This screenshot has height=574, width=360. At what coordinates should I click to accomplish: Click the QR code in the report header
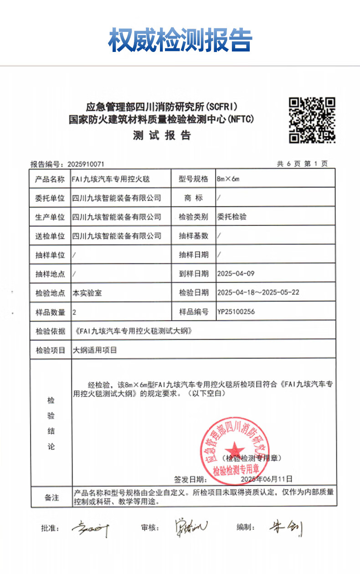[x=313, y=119]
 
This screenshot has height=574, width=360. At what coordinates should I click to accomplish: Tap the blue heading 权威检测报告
[x=180, y=40]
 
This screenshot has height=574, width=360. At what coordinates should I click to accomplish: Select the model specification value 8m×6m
[x=228, y=179]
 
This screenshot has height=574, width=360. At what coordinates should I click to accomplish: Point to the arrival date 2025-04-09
[x=236, y=274]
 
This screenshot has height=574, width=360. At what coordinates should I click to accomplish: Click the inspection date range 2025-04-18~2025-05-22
[x=258, y=292]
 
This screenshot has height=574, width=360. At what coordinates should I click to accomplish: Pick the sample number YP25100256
[x=236, y=312]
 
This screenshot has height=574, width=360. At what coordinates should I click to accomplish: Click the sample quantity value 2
[x=75, y=312]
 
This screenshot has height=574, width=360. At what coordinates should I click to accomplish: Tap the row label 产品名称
[x=50, y=179]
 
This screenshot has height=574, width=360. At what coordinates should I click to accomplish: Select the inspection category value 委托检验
[x=232, y=217]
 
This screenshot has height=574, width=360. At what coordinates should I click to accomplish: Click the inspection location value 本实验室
[x=87, y=293]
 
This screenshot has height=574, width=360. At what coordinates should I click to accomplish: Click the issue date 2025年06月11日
[x=266, y=479]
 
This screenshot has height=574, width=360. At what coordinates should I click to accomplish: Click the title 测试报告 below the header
[x=162, y=135]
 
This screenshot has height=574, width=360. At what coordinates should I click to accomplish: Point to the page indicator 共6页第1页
[x=302, y=164]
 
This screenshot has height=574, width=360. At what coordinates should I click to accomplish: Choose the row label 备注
[x=51, y=497]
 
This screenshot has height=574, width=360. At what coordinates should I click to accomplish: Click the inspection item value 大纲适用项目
[x=95, y=350]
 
